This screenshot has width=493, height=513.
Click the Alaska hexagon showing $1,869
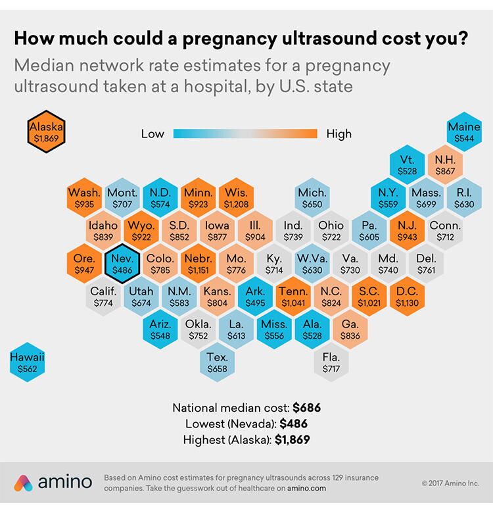pyautogui.click(x=46, y=132)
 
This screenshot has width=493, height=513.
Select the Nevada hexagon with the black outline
pyautogui.click(x=122, y=263)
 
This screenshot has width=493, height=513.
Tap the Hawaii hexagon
pyautogui.click(x=27, y=362)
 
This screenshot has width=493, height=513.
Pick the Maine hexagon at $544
pyautogui.click(x=464, y=132)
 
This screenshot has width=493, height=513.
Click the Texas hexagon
pyautogui.click(x=217, y=362)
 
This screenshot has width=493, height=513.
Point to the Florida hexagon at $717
pyautogui.click(x=331, y=362)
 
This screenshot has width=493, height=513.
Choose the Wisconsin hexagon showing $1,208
pyautogui.click(x=236, y=197)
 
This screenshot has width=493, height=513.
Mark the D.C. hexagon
pyautogui.click(x=407, y=297)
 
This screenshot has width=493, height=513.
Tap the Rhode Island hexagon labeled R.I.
pyautogui.click(x=464, y=197)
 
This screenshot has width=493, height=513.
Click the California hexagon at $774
pyautogui.click(x=103, y=297)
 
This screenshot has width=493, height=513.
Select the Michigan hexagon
pyautogui.click(x=312, y=197)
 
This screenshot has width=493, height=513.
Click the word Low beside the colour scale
pyautogui.click(x=153, y=134)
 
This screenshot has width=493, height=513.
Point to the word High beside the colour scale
pyautogui.click(x=339, y=134)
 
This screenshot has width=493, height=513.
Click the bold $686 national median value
pyautogui.click(x=307, y=408)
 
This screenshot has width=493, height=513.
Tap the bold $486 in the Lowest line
pyautogui.click(x=294, y=424)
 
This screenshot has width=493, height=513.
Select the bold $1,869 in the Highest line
pyautogui.click(x=293, y=440)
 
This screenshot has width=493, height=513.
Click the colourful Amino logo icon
pyautogui.click(x=23, y=483)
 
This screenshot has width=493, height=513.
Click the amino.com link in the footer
pyautogui.click(x=307, y=489)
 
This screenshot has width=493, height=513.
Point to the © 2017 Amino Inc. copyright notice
pyautogui.click(x=450, y=483)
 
